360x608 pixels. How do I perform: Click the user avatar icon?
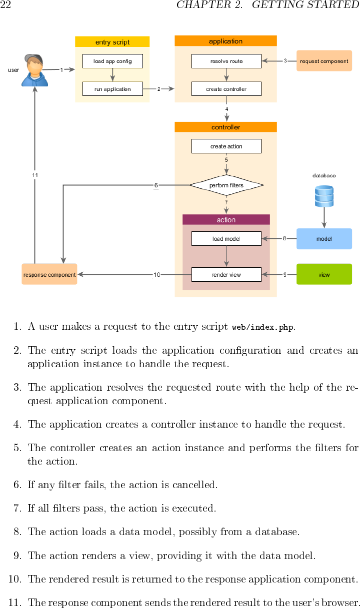(34, 70)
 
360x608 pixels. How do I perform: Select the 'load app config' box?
(112, 61)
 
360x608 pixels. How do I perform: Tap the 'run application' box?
(112, 89)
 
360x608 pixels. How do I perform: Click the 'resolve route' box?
(226, 61)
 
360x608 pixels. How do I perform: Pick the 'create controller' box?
(226, 89)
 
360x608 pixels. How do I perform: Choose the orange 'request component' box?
(324, 61)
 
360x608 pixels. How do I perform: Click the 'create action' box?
(226, 146)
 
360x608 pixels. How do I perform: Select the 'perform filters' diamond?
(226, 185)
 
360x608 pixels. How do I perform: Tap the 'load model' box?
(226, 239)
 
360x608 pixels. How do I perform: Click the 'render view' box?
(226, 275)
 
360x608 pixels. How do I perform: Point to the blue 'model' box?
(324, 239)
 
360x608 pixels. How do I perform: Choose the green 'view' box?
(324, 274)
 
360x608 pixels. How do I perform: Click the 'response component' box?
(49, 274)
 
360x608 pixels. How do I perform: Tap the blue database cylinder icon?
(324, 196)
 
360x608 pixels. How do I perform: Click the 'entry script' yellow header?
(112, 42)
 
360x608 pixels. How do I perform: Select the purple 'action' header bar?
(226, 220)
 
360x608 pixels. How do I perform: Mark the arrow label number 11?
(35, 175)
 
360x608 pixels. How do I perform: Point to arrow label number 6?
(156, 185)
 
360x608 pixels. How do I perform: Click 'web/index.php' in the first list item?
(263, 328)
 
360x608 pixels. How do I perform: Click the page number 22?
(5, 5)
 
